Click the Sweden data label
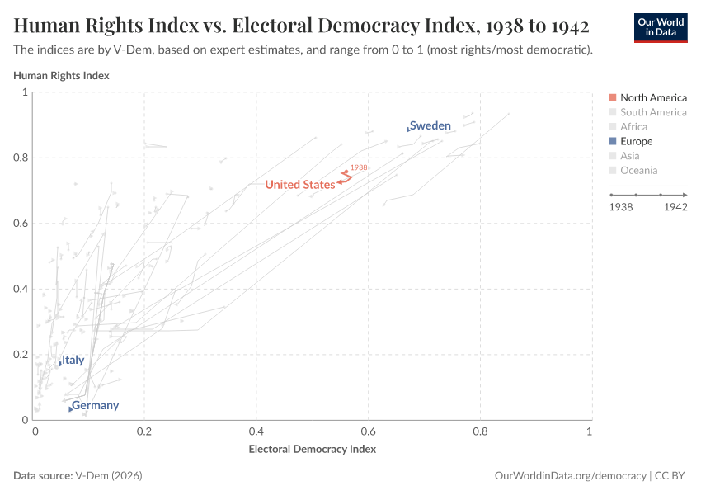(430, 125)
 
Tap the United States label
(299, 185)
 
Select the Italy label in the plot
(73, 361)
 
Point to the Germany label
(95, 406)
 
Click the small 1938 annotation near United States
(358, 167)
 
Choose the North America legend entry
(653, 97)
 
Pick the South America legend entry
(653, 112)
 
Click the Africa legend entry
(633, 127)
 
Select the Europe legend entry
(636, 141)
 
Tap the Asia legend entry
(629, 156)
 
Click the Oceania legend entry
(638, 171)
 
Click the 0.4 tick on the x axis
(256, 431)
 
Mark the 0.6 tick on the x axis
(368, 431)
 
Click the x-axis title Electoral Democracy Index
(312, 450)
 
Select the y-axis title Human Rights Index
(61, 76)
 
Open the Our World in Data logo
(660, 26)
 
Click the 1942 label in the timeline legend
(675, 207)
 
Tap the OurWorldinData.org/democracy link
(570, 476)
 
